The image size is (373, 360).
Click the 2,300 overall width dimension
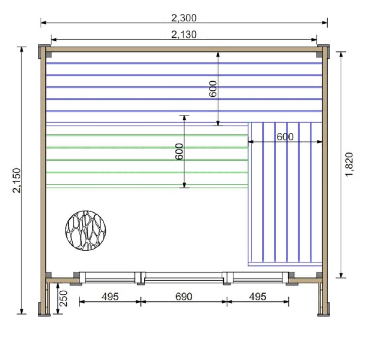(x=184, y=18)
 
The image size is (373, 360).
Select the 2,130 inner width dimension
(x=184, y=35)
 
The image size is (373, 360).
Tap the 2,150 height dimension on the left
(x=17, y=180)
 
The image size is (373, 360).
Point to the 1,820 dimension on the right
(x=349, y=165)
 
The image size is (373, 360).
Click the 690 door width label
(x=184, y=296)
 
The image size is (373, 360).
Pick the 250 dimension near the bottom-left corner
(x=64, y=298)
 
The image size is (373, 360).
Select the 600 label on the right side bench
(x=285, y=137)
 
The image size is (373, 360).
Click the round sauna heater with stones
(x=85, y=230)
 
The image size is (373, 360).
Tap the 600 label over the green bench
(x=179, y=152)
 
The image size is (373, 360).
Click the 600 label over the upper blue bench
(x=213, y=89)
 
